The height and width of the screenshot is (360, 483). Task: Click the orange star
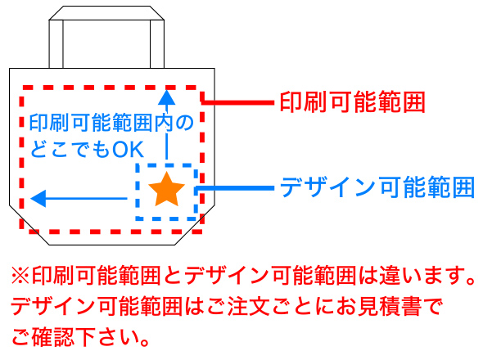[x=166, y=189]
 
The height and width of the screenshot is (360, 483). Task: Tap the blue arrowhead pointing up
[x=166, y=97]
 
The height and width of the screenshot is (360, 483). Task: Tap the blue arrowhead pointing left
[x=38, y=198]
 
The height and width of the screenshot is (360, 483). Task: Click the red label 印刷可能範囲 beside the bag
[x=352, y=102]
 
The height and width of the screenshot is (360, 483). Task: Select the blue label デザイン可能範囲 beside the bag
[x=377, y=187]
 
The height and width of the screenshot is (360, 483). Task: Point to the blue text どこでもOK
[x=87, y=150]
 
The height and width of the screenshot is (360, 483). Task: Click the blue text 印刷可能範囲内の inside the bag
[x=111, y=123]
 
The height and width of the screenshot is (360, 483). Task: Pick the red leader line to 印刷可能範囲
[x=237, y=102]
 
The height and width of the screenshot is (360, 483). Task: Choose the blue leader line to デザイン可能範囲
[x=235, y=188]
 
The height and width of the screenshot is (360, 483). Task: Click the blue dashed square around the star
[x=138, y=191]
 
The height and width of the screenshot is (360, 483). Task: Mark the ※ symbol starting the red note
[x=20, y=275]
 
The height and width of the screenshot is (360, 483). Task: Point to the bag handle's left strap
[x=56, y=44]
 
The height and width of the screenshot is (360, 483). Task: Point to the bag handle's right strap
[x=157, y=44]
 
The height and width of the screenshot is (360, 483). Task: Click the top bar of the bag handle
[x=106, y=13]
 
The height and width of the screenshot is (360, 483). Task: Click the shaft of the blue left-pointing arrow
[x=86, y=198]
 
